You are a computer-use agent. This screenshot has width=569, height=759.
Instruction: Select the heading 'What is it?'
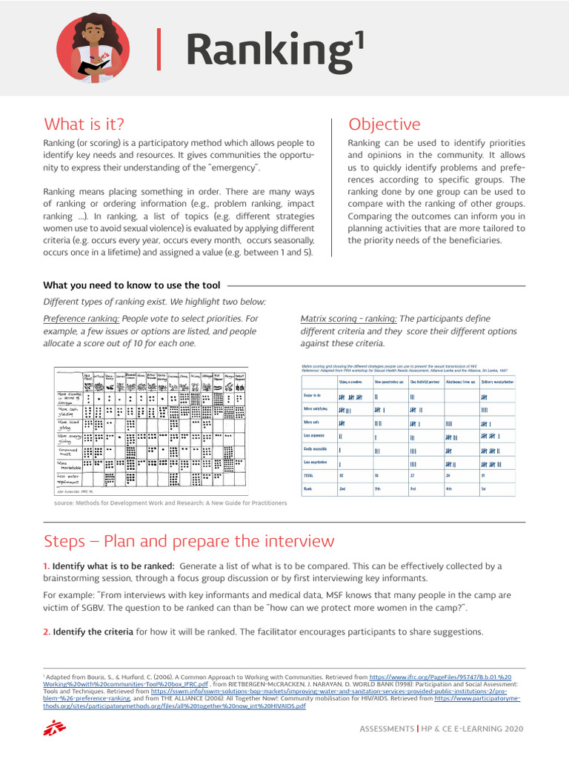pyautogui.click(x=84, y=124)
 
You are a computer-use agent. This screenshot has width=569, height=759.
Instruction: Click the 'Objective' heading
pyautogui.click(x=384, y=124)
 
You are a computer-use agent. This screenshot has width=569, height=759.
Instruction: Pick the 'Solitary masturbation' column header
pyautogui.click(x=496, y=382)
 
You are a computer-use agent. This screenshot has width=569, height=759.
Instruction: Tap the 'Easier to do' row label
pyautogui.click(x=312, y=397)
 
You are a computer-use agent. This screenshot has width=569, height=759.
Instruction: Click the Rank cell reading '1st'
pyautogui.click(x=483, y=489)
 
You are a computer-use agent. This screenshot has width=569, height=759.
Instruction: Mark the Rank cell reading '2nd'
pyautogui.click(x=342, y=489)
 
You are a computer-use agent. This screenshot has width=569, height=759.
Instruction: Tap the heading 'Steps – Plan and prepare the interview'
pyautogui.click(x=189, y=541)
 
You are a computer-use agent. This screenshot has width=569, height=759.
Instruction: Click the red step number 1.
pyautogui.click(x=46, y=566)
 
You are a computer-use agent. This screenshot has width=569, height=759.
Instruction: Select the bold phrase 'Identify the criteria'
pyautogui.click(x=93, y=632)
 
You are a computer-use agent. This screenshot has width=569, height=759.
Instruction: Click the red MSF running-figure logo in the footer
pyautogui.click(x=51, y=729)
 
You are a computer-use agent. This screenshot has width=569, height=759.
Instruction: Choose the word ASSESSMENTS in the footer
pyautogui.click(x=386, y=729)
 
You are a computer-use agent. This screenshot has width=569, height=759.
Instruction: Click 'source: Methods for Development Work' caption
pyautogui.click(x=170, y=503)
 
